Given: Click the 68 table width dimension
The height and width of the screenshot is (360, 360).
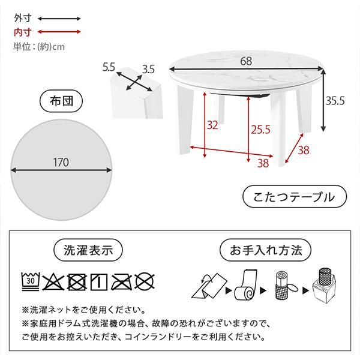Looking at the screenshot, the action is (246, 61).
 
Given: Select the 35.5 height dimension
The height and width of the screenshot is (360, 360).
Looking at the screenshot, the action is (335, 101).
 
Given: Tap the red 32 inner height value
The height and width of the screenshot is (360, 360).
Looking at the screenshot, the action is (212, 125).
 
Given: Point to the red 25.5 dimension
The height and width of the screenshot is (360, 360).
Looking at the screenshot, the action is (260, 130).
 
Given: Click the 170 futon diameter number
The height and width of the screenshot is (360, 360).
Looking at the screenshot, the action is (61, 163).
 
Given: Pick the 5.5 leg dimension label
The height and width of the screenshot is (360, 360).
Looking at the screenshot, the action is (109, 67).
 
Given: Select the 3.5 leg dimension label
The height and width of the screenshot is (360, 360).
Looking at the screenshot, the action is (148, 70).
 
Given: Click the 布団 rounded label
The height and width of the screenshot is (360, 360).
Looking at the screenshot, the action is (61, 101).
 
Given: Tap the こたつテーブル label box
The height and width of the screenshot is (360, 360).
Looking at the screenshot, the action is (295, 197).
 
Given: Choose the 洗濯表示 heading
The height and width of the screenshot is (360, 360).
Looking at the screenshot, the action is (88, 250).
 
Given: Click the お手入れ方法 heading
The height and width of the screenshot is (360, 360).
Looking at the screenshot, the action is (266, 250).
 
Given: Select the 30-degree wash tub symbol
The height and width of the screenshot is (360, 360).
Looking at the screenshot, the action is (31, 281).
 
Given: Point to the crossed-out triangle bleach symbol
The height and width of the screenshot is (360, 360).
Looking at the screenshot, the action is (53, 282).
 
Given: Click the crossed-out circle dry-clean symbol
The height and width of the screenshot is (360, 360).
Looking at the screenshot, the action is (145, 282).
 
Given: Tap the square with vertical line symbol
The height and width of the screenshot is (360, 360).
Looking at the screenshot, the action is (99, 282).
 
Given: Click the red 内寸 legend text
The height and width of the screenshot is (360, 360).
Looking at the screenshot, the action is (23, 32).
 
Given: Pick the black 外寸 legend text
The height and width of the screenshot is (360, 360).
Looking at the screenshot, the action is (23, 18).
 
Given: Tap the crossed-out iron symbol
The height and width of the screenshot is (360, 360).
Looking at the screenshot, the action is (121, 282).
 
